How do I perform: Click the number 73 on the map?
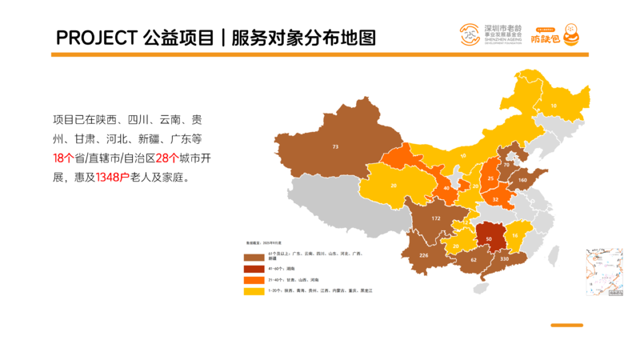pos(336,146)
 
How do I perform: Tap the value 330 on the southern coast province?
pos(504,260)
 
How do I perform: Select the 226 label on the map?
pos(424,256)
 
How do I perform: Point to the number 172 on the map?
pos(436,218)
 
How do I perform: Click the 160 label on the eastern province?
pos(523,180)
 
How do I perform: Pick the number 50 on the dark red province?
pos(489,238)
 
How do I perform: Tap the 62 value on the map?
pos(473,260)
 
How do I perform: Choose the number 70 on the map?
pos(506,165)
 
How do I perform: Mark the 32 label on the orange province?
pos(495,198)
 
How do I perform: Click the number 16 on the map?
pos(515,235)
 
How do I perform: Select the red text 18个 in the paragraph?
pos(63,158)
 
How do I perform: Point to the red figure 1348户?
pos(112,178)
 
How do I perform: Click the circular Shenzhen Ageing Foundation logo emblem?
pos(470,34)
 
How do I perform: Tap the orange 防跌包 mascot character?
pos(570,34)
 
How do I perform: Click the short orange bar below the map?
pos(566,325)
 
